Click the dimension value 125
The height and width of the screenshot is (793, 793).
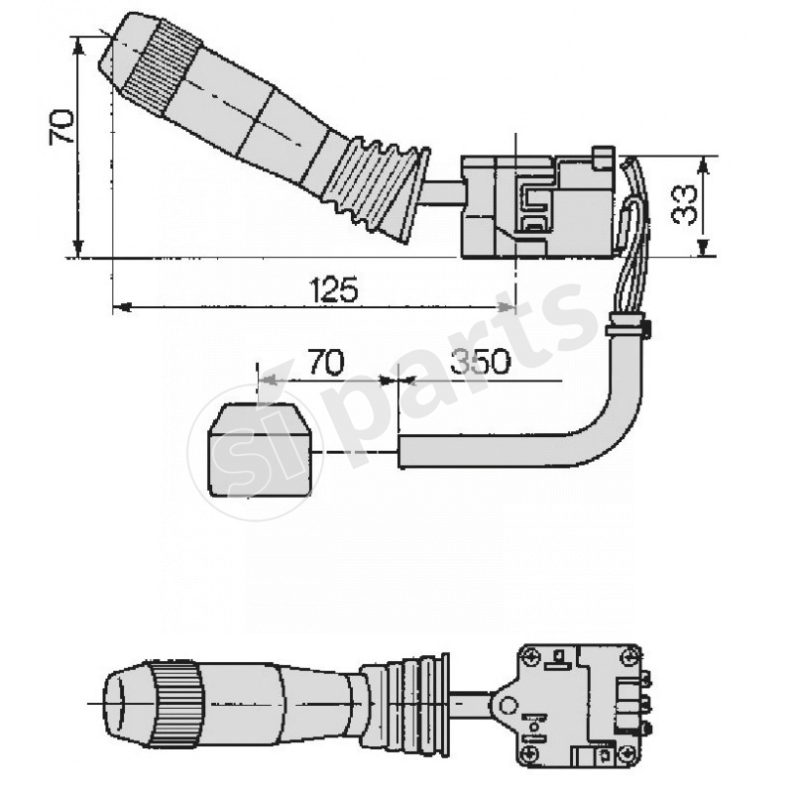pyautogui.click(x=333, y=289)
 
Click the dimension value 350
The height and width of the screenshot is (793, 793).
pyautogui.click(x=480, y=363)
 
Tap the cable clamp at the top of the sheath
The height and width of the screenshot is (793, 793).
pyautogui.click(x=626, y=324)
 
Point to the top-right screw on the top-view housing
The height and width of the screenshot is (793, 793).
pyautogui.click(x=626, y=655)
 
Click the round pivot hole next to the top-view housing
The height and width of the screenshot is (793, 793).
pyautogui.click(x=508, y=705)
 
